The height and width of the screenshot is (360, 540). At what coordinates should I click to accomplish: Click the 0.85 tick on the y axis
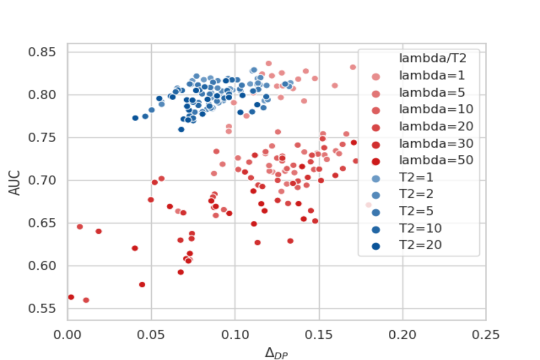pyautogui.click(x=44, y=52)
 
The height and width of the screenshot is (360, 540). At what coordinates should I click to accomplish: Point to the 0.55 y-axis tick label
pyautogui.click(x=44, y=308)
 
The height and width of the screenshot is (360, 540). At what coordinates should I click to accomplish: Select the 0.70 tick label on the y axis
pyautogui.click(x=44, y=180)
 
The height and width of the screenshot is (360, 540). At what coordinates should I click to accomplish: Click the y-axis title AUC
pyautogui.click(x=16, y=180)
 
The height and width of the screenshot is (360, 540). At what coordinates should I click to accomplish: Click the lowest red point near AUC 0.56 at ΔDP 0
pyautogui.click(x=71, y=297)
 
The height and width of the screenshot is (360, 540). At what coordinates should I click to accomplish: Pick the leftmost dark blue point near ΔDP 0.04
pyautogui.click(x=136, y=118)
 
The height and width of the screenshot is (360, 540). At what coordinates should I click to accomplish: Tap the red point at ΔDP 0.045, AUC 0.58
pyautogui.click(x=142, y=284)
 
